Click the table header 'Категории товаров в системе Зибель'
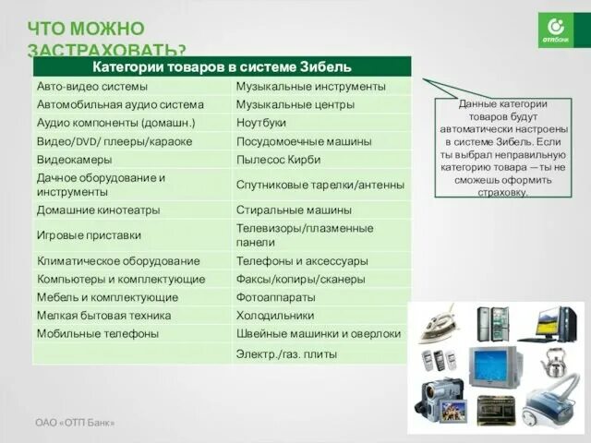(222, 66)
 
